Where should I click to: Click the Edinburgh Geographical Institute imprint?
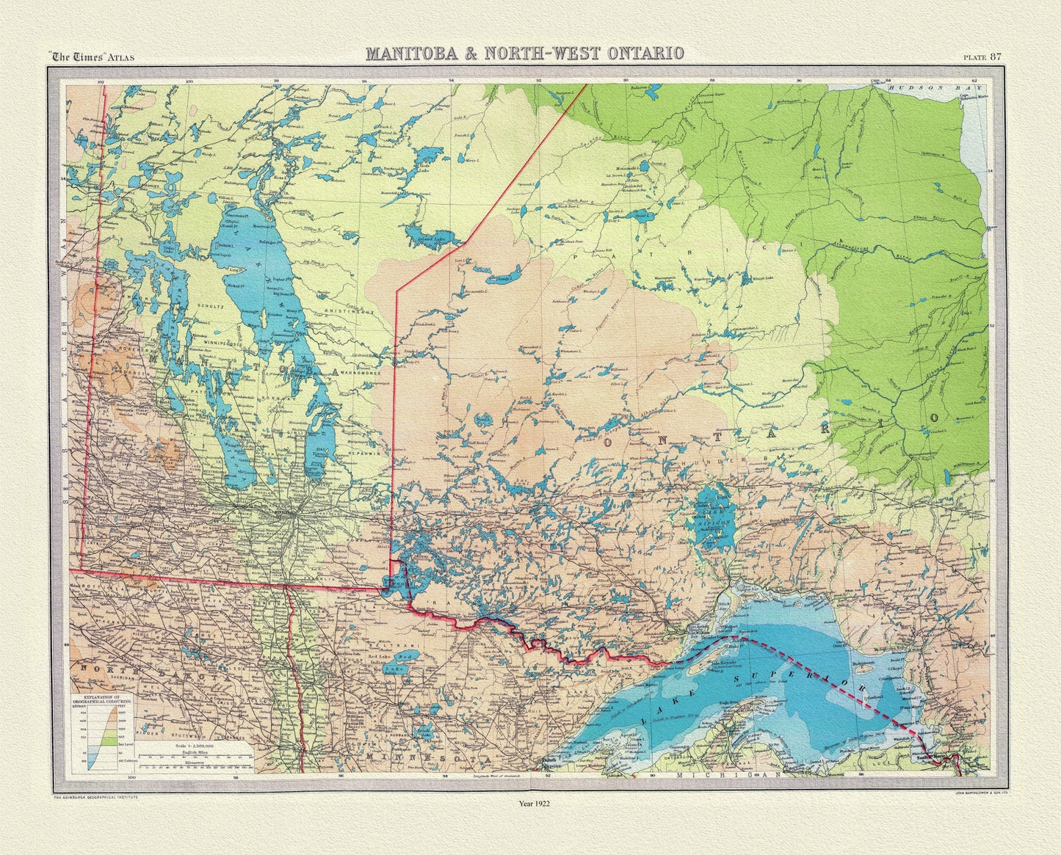click(93, 794)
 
